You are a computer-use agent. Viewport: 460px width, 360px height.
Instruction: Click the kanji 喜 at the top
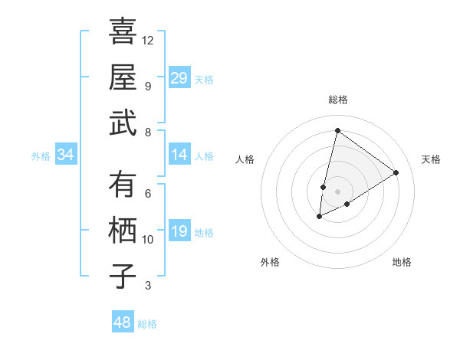[123, 31]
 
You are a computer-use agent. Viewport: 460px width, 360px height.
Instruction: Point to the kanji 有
[123, 185]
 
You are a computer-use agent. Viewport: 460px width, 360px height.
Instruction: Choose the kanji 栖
[123, 231]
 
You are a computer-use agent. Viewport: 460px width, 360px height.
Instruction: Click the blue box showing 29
[179, 77]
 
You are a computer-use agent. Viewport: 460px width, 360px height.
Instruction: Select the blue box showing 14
[179, 155]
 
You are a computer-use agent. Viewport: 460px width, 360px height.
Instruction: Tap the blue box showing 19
[179, 231]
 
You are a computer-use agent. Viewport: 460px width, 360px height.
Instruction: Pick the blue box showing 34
[66, 155]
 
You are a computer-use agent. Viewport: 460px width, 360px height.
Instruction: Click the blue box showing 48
[123, 322]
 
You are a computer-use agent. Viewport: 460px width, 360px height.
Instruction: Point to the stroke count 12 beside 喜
[148, 40]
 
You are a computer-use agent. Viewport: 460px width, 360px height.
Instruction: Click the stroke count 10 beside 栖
[148, 239]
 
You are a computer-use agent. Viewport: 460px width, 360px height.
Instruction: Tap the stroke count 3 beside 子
[148, 286]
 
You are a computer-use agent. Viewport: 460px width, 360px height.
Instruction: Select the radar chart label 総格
[337, 100]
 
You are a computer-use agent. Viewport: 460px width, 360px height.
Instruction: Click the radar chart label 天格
[431, 159]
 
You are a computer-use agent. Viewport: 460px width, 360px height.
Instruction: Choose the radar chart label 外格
[270, 262]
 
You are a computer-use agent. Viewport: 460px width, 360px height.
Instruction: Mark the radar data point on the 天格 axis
[396, 172]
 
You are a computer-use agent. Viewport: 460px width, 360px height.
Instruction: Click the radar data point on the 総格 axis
[337, 130]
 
